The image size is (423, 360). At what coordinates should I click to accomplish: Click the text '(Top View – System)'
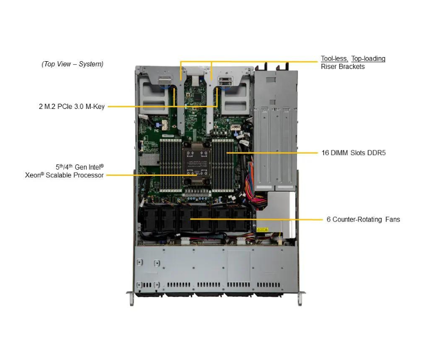click(73, 64)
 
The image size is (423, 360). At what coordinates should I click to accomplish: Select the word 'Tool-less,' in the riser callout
click(334, 59)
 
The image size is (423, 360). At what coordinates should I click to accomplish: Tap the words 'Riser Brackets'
click(343, 66)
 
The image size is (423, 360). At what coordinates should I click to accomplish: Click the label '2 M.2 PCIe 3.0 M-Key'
click(72, 106)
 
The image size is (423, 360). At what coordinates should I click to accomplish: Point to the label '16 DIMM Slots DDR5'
click(353, 153)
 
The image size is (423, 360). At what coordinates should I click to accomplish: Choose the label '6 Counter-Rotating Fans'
click(363, 219)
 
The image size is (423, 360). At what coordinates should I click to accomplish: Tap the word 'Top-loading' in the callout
click(368, 59)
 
